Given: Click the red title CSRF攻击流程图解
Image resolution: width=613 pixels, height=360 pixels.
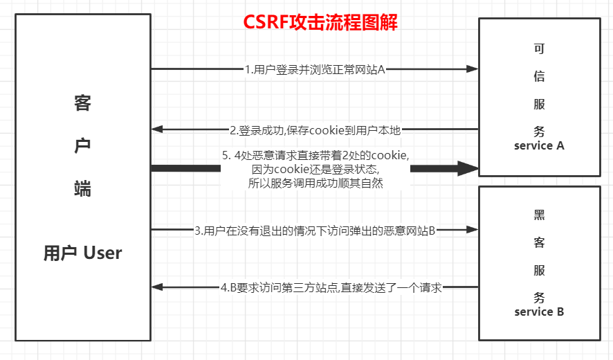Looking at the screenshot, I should (320, 22).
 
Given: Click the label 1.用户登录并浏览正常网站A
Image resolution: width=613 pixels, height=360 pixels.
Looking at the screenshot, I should (315, 69).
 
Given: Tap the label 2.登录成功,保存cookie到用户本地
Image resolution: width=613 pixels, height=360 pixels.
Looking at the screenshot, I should (315, 129).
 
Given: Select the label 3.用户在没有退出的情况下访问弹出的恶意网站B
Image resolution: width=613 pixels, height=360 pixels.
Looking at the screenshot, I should (315, 230).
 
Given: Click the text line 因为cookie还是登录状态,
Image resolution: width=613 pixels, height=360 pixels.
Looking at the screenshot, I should (315, 170).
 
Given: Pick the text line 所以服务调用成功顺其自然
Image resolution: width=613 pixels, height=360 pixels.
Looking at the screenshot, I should (315, 183).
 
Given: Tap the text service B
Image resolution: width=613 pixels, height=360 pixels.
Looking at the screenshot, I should (539, 312).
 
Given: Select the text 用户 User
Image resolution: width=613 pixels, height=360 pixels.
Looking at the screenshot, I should (82, 253).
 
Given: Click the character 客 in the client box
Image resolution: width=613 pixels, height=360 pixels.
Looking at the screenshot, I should (82, 104).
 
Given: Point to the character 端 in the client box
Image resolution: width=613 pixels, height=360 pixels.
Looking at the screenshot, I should (82, 188).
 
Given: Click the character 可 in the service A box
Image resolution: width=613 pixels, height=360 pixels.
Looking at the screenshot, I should (539, 48).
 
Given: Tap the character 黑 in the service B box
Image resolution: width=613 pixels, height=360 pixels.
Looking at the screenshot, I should (539, 215).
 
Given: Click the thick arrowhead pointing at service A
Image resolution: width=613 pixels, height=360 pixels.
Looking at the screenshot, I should (470, 168).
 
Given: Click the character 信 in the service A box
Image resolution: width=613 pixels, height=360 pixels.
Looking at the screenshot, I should (539, 76).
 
